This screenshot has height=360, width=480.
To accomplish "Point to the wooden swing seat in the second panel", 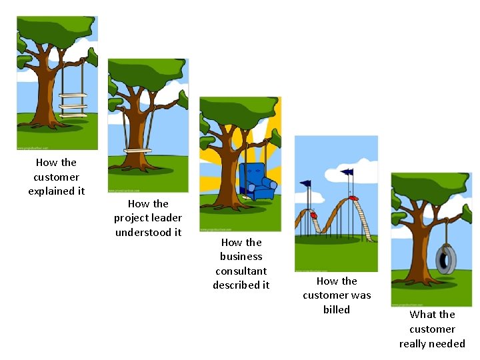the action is point(137,151).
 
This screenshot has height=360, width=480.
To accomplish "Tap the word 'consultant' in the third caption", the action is point(241,271).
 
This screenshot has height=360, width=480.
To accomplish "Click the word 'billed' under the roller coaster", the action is point(336,309).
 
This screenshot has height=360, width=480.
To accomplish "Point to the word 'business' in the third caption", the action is point(241,256).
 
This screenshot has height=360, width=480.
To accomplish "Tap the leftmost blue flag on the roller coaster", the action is point(305,183).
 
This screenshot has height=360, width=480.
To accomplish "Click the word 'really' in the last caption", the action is point(413,344).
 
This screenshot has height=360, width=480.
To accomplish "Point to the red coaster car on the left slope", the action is point(313,216).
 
